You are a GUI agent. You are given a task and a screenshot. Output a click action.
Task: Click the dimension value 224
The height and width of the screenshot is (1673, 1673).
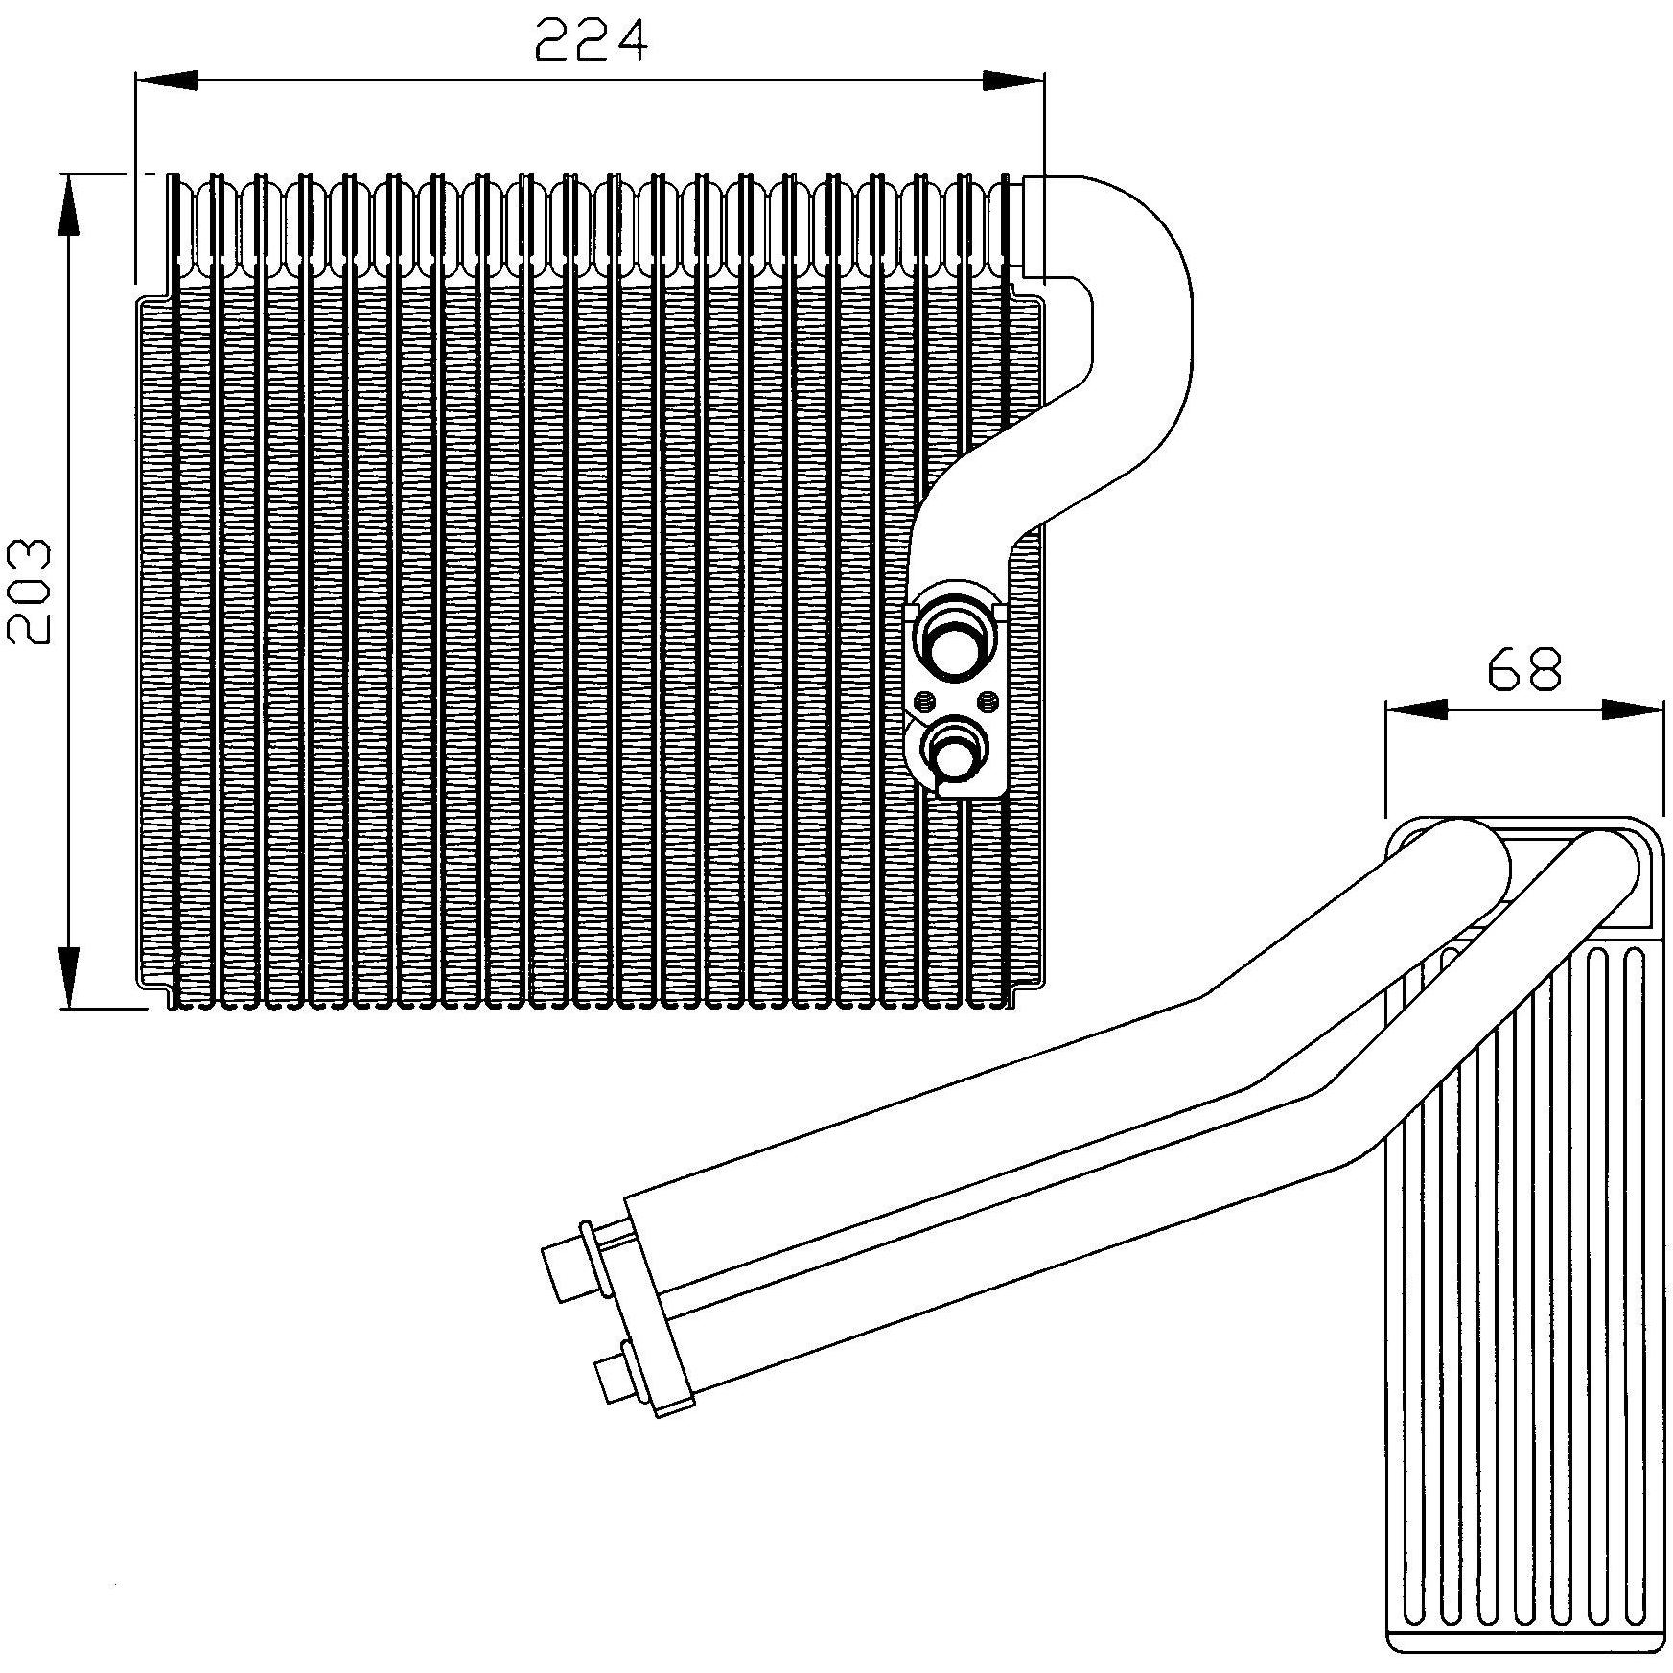click(591, 41)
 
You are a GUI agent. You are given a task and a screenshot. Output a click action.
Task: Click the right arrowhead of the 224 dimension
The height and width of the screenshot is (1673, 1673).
click(1012, 81)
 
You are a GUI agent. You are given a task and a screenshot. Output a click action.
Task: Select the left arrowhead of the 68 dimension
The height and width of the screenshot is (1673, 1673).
click(1416, 709)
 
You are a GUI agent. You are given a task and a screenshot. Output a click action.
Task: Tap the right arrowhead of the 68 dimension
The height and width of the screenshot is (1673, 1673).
click(1632, 709)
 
